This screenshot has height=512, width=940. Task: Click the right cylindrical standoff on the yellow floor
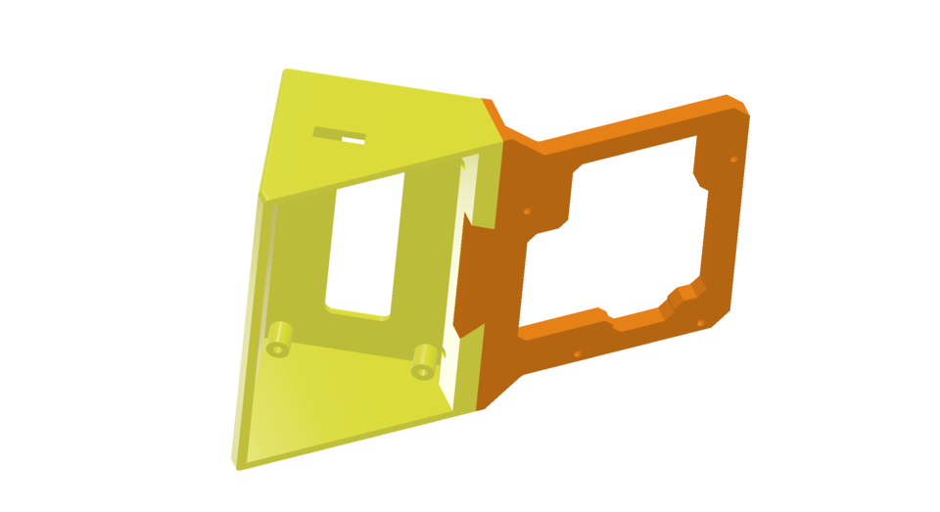[424, 360]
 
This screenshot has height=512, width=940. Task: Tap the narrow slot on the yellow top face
[340, 135]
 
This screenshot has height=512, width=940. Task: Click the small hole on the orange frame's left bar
[527, 210]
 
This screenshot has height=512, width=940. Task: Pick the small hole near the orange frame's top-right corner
[732, 159]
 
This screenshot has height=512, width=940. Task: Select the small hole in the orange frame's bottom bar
[578, 353]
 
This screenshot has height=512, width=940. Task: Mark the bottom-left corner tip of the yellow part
[237, 465]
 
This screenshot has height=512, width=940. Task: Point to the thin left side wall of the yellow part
[250, 323]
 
